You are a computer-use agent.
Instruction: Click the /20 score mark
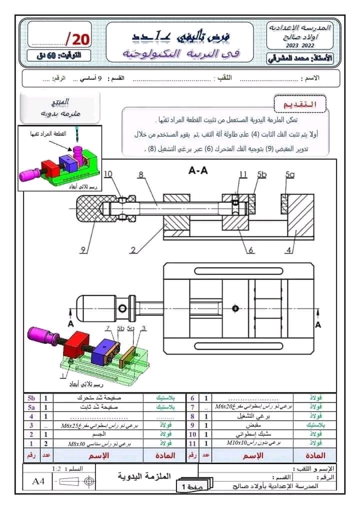[77, 38]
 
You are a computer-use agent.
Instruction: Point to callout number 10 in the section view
[109, 174]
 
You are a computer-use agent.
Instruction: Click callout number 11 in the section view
[243, 174]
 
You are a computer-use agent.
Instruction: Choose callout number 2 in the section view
[134, 250]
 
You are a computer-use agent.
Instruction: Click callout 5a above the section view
[290, 174]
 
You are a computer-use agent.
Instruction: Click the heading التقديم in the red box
[300, 105]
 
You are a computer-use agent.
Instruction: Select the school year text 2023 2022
[300, 45]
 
